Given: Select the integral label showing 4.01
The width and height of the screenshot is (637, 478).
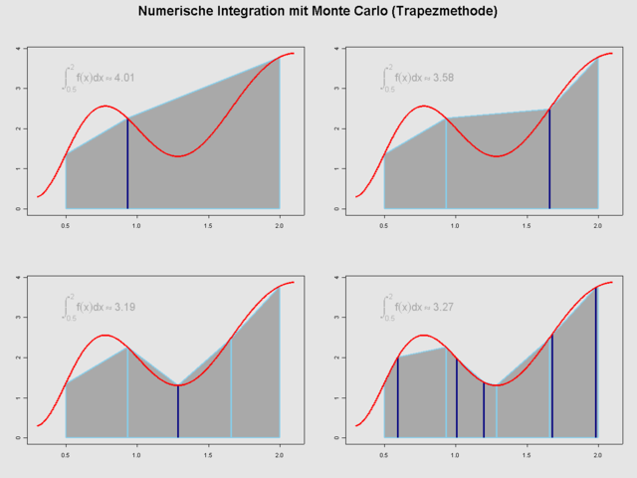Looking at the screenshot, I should coord(100,77).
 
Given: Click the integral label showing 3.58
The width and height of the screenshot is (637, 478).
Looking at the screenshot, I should coord(418,77).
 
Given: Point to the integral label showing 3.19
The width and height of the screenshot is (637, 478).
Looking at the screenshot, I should coord(100,306).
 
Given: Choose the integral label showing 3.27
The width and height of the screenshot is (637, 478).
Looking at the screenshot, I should coord(418,306).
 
